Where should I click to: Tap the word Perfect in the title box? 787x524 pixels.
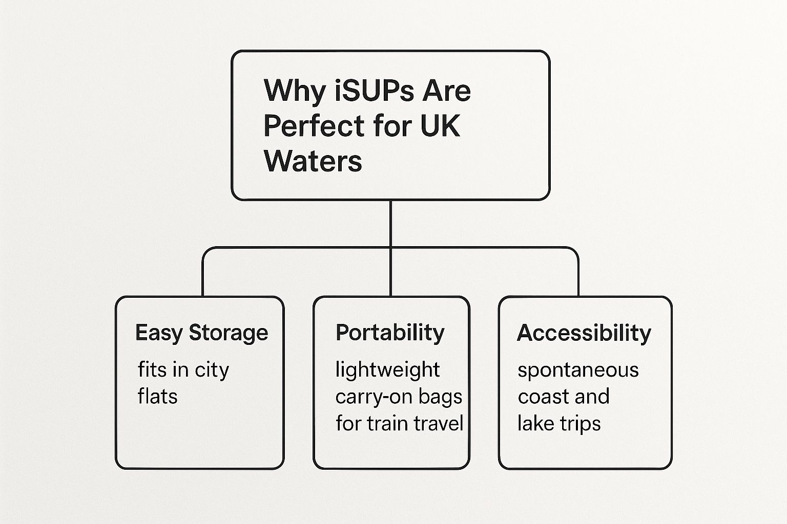coord(307,126)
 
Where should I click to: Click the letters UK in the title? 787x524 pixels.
coord(440,126)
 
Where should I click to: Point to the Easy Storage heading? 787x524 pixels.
coord(201,333)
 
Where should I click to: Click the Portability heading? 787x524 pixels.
coord(390,333)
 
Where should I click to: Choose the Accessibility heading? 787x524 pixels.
coord(584,333)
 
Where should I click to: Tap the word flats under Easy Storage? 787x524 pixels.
coord(157,397)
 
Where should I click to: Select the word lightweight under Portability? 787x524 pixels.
coord(387,370)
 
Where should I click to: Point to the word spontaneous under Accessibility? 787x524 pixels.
coord(578,370)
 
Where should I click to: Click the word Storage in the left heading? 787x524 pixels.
coord(228,333)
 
